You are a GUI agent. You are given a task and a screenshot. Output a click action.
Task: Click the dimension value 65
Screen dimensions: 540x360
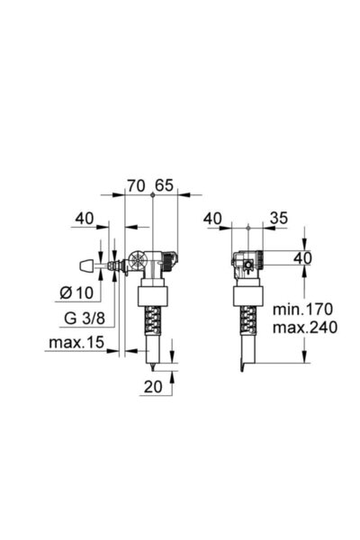(x=164, y=185)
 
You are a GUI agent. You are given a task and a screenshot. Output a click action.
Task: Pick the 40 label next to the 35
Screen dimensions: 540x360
(x=213, y=218)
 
